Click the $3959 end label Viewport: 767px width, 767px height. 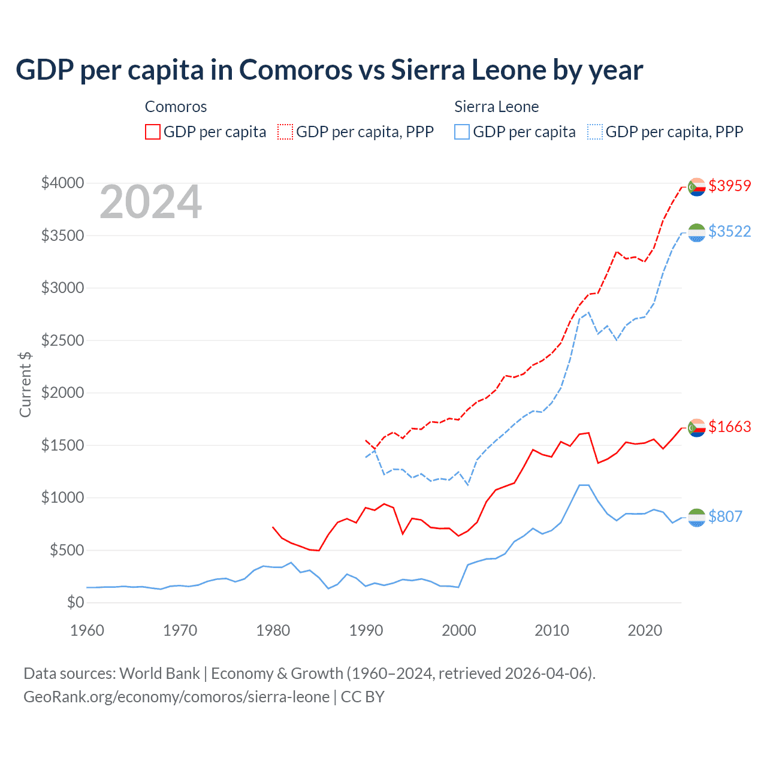coord(729,186)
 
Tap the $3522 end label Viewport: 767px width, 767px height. coord(729,231)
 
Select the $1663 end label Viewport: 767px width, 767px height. coord(729,427)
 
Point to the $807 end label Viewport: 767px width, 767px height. coord(725,517)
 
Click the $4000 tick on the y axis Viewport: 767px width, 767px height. coord(62,183)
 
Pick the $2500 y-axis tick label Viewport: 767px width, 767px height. coord(62,340)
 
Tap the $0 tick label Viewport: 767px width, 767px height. coord(75,602)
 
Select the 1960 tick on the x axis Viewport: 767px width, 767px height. coord(87,630)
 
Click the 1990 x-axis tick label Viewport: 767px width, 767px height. coord(366,630)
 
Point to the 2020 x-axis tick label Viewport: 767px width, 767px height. coord(645,630)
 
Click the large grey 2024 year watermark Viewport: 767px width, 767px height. coord(150,203)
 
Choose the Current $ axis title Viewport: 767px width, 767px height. coord(25,384)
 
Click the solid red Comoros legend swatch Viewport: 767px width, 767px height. coord(153,132)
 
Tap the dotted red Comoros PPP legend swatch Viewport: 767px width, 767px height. coord(285,132)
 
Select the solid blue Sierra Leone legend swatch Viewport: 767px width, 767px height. coord(462,132)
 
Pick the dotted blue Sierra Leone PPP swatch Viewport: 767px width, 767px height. coord(595,132)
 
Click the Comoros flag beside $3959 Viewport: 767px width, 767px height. coord(696,187)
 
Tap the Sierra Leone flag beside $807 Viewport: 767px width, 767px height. coord(696,518)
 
